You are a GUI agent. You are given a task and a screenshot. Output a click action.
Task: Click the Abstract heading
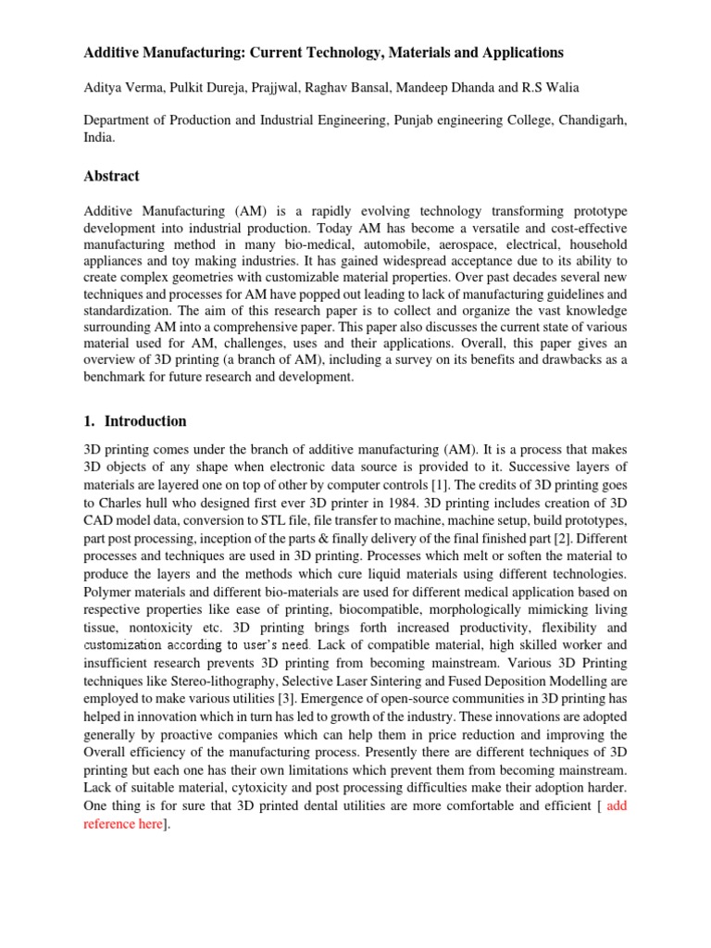(x=112, y=176)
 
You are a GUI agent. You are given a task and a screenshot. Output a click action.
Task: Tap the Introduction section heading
(x=145, y=420)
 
